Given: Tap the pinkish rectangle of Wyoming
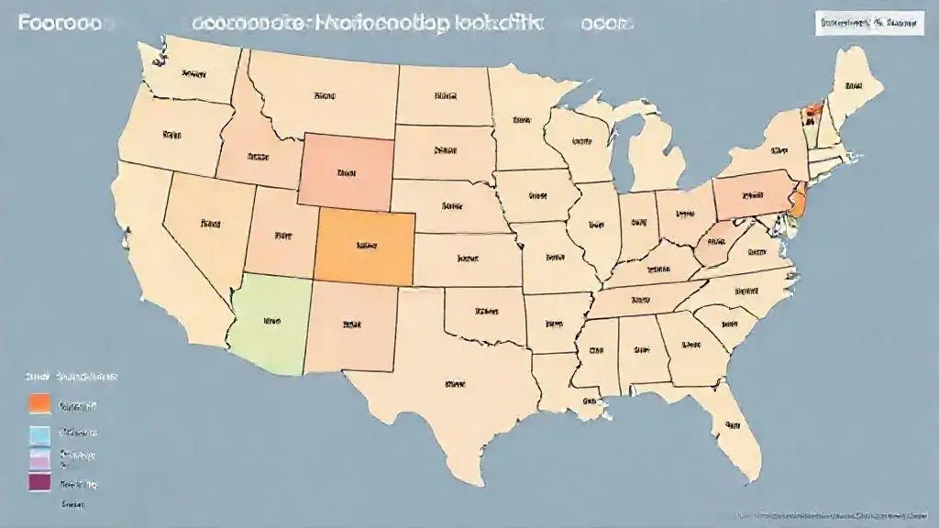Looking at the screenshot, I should coord(346,170).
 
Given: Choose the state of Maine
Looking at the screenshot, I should coord(853,87).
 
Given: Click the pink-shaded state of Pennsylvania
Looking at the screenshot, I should coord(752,194).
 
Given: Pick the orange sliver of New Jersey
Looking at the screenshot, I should coord(797,200).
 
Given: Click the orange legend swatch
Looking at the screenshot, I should coord(39,403).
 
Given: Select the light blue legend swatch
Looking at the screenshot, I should coord(39,433).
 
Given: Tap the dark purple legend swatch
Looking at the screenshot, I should coord(39,482).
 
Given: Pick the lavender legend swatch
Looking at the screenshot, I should coord(39,457).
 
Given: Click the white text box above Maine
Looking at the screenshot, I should coord(867,24).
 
